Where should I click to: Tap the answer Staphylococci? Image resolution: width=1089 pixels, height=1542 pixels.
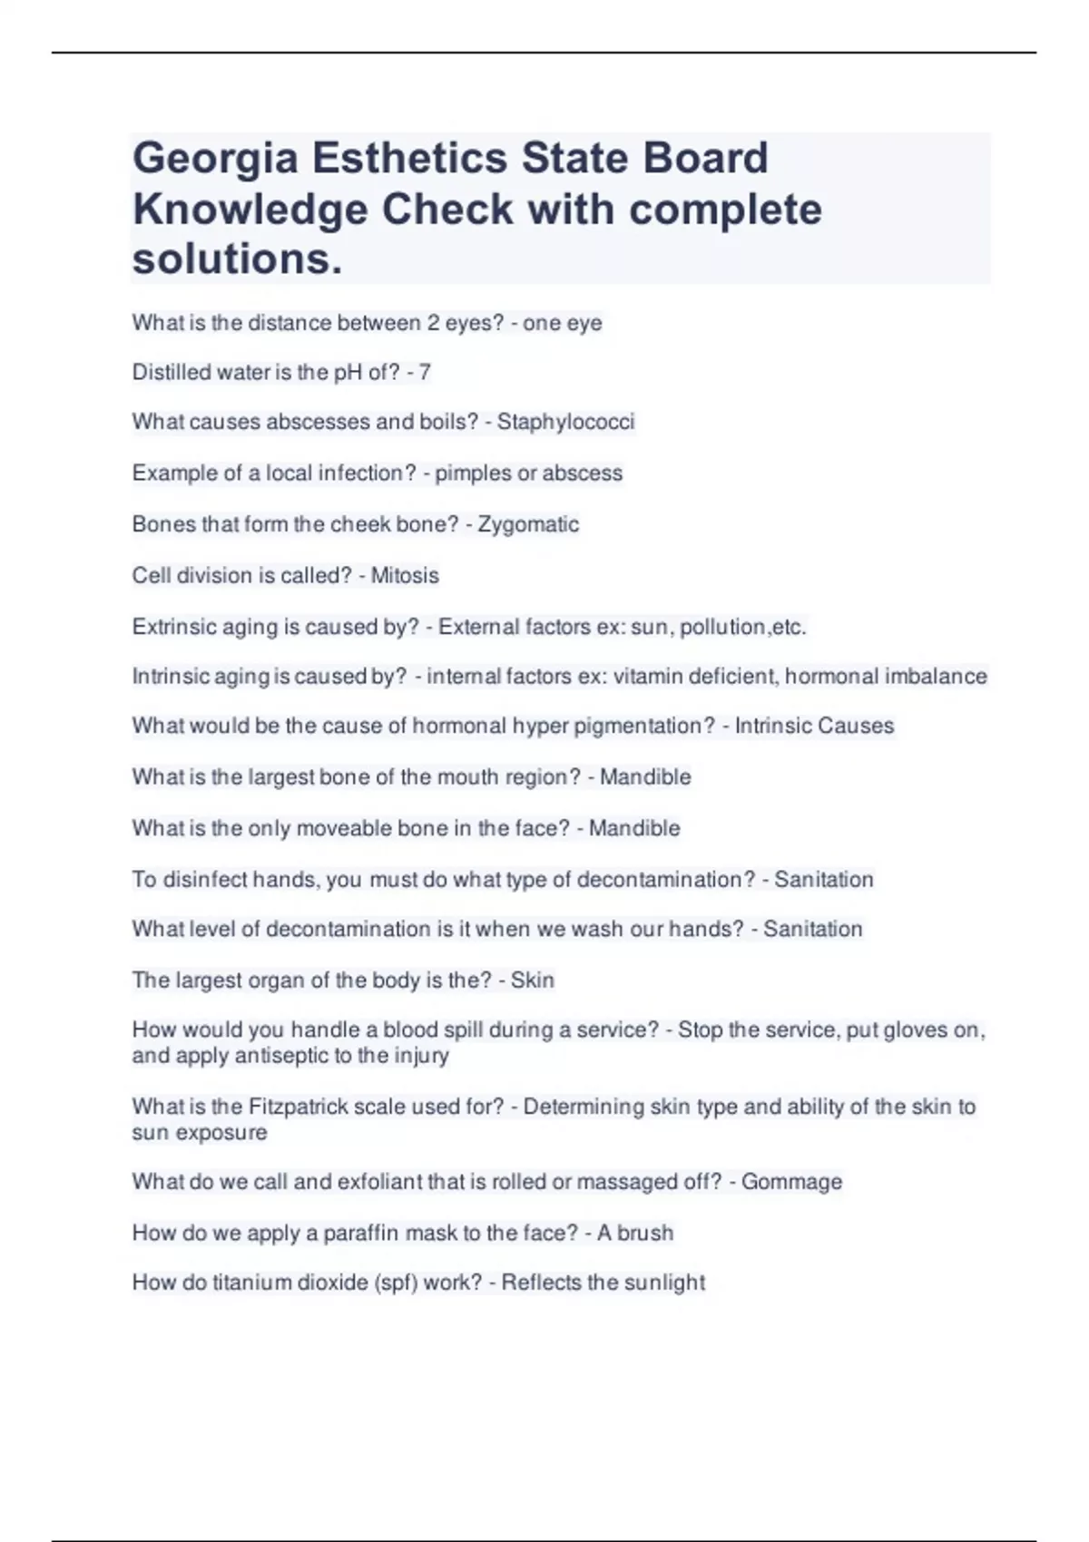[565, 422]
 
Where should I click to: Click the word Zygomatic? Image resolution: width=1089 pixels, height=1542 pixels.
[528, 524]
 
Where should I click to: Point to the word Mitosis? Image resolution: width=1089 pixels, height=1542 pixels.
[405, 576]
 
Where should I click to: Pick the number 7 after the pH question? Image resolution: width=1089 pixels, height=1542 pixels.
[425, 372]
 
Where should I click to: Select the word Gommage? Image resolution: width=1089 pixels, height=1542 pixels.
[791, 1182]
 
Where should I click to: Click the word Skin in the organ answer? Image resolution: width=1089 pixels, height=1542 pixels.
[533, 981]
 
